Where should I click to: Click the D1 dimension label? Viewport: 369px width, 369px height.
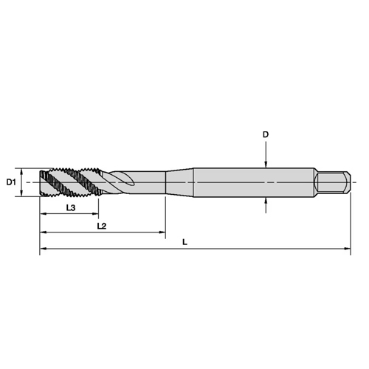point(11,182)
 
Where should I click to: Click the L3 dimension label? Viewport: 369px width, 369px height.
point(71,208)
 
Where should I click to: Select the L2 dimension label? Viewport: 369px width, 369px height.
point(102,226)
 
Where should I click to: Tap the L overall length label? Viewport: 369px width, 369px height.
point(184,242)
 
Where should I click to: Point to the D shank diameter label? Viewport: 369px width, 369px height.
point(266,134)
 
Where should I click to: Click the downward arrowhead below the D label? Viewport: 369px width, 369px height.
point(266,165)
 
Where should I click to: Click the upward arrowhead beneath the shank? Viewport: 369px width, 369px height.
point(266,201)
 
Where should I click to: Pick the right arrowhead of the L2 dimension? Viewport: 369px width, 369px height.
point(162,232)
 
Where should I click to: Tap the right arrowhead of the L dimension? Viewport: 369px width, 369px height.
point(348,249)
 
